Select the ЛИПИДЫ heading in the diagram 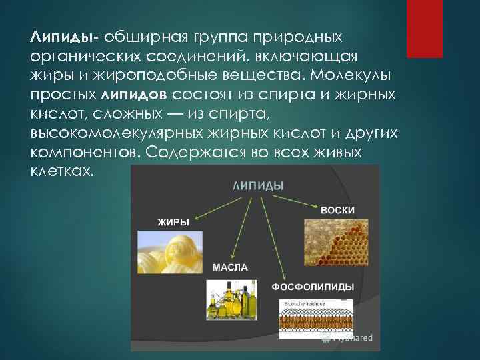(x=257, y=184)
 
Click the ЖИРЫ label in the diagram (x=173, y=221)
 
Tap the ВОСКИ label (x=337, y=210)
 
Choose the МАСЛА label (x=230, y=267)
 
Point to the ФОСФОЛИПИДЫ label (x=313, y=287)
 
